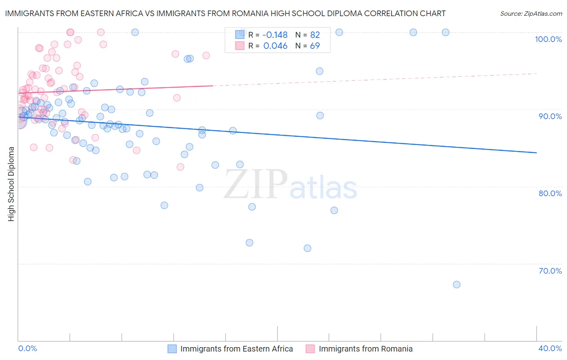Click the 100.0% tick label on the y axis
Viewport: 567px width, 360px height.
[x=548, y=39]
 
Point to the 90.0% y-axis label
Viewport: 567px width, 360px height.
[x=550, y=116]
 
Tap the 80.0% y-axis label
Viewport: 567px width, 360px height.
[x=550, y=193]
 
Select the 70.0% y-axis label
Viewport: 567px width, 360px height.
[x=550, y=271]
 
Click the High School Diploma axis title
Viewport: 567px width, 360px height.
[x=11, y=184]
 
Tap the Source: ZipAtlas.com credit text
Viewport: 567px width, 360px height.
[x=531, y=14]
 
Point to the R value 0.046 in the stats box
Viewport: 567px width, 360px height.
[x=275, y=46]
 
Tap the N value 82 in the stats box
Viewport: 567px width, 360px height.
[x=315, y=35]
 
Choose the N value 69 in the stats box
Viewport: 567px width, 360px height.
[x=315, y=46]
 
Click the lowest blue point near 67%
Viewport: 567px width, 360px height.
[x=457, y=285]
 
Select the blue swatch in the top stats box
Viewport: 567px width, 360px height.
[x=240, y=35]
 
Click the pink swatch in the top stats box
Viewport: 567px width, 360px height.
[x=240, y=46]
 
